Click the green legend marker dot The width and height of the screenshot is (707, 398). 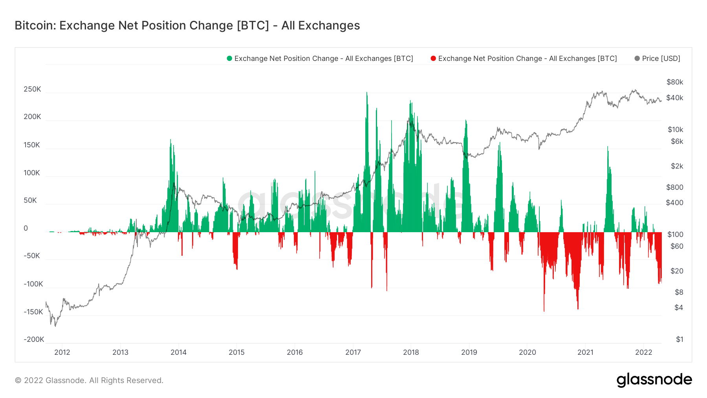point(229,59)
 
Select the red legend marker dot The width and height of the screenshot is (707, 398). point(433,59)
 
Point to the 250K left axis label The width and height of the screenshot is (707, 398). point(32,89)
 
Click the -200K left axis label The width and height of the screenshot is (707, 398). point(34,339)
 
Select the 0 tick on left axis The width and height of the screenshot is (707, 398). point(26,228)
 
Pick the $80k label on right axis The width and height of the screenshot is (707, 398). point(674,82)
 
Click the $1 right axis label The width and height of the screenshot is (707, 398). point(679,339)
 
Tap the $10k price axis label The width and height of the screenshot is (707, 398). point(675,130)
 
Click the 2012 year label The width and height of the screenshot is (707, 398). point(62,352)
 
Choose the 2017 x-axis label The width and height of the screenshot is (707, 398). point(353,352)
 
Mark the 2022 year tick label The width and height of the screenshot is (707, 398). point(643,352)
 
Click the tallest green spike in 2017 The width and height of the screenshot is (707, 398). point(367,94)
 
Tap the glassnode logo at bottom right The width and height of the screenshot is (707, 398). point(654,380)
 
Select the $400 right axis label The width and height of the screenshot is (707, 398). point(674,203)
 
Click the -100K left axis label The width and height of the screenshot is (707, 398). point(33,284)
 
